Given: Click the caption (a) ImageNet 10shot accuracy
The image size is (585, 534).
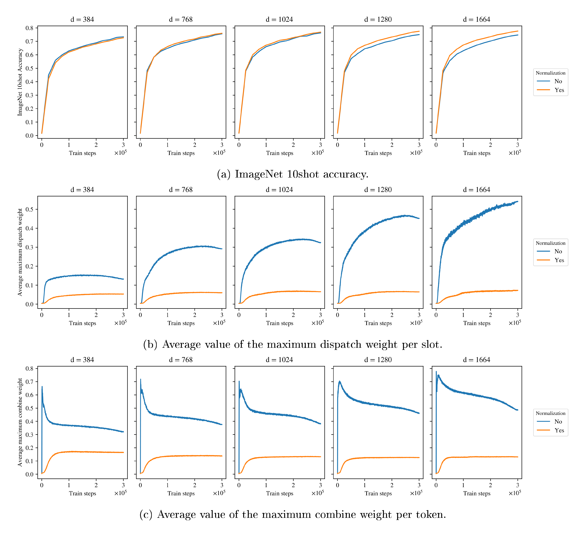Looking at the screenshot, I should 292,174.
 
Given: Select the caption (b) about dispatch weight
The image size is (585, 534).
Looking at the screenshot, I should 292,344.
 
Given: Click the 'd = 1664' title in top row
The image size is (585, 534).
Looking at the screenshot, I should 477,19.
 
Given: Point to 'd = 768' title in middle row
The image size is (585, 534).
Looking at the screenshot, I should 181,190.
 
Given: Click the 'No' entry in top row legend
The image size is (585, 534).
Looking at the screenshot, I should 558,81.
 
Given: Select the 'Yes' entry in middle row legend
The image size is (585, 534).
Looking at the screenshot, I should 559,260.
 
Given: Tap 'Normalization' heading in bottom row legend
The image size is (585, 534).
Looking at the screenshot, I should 550,413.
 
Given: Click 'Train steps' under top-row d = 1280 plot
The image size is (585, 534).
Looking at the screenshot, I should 378,153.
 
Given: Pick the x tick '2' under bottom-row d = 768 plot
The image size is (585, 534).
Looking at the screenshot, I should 195,485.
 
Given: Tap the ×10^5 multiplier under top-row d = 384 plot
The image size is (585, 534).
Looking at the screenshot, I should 120,153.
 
